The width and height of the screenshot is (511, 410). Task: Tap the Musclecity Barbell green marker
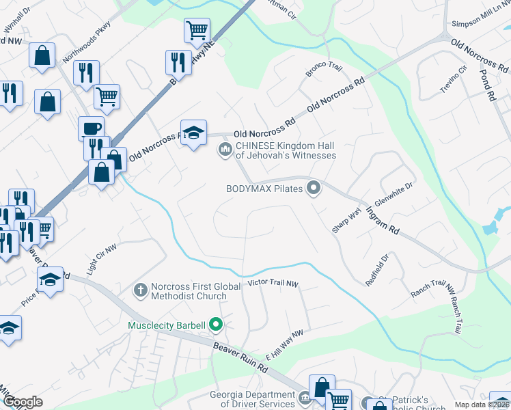point(217,325)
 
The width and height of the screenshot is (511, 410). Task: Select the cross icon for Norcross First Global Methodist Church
point(141,290)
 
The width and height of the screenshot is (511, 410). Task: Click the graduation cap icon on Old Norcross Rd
point(193,132)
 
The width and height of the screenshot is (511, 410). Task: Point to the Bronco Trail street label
point(324,69)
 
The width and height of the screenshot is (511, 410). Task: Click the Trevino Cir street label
point(454,79)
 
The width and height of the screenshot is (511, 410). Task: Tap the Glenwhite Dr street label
point(394,195)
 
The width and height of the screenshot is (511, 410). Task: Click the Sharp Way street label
point(346,220)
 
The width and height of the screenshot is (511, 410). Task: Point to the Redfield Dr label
point(376,271)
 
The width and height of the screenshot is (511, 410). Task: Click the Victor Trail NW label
point(273,283)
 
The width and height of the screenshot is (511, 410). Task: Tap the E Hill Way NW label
point(284,340)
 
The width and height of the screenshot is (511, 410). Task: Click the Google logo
point(23,402)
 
